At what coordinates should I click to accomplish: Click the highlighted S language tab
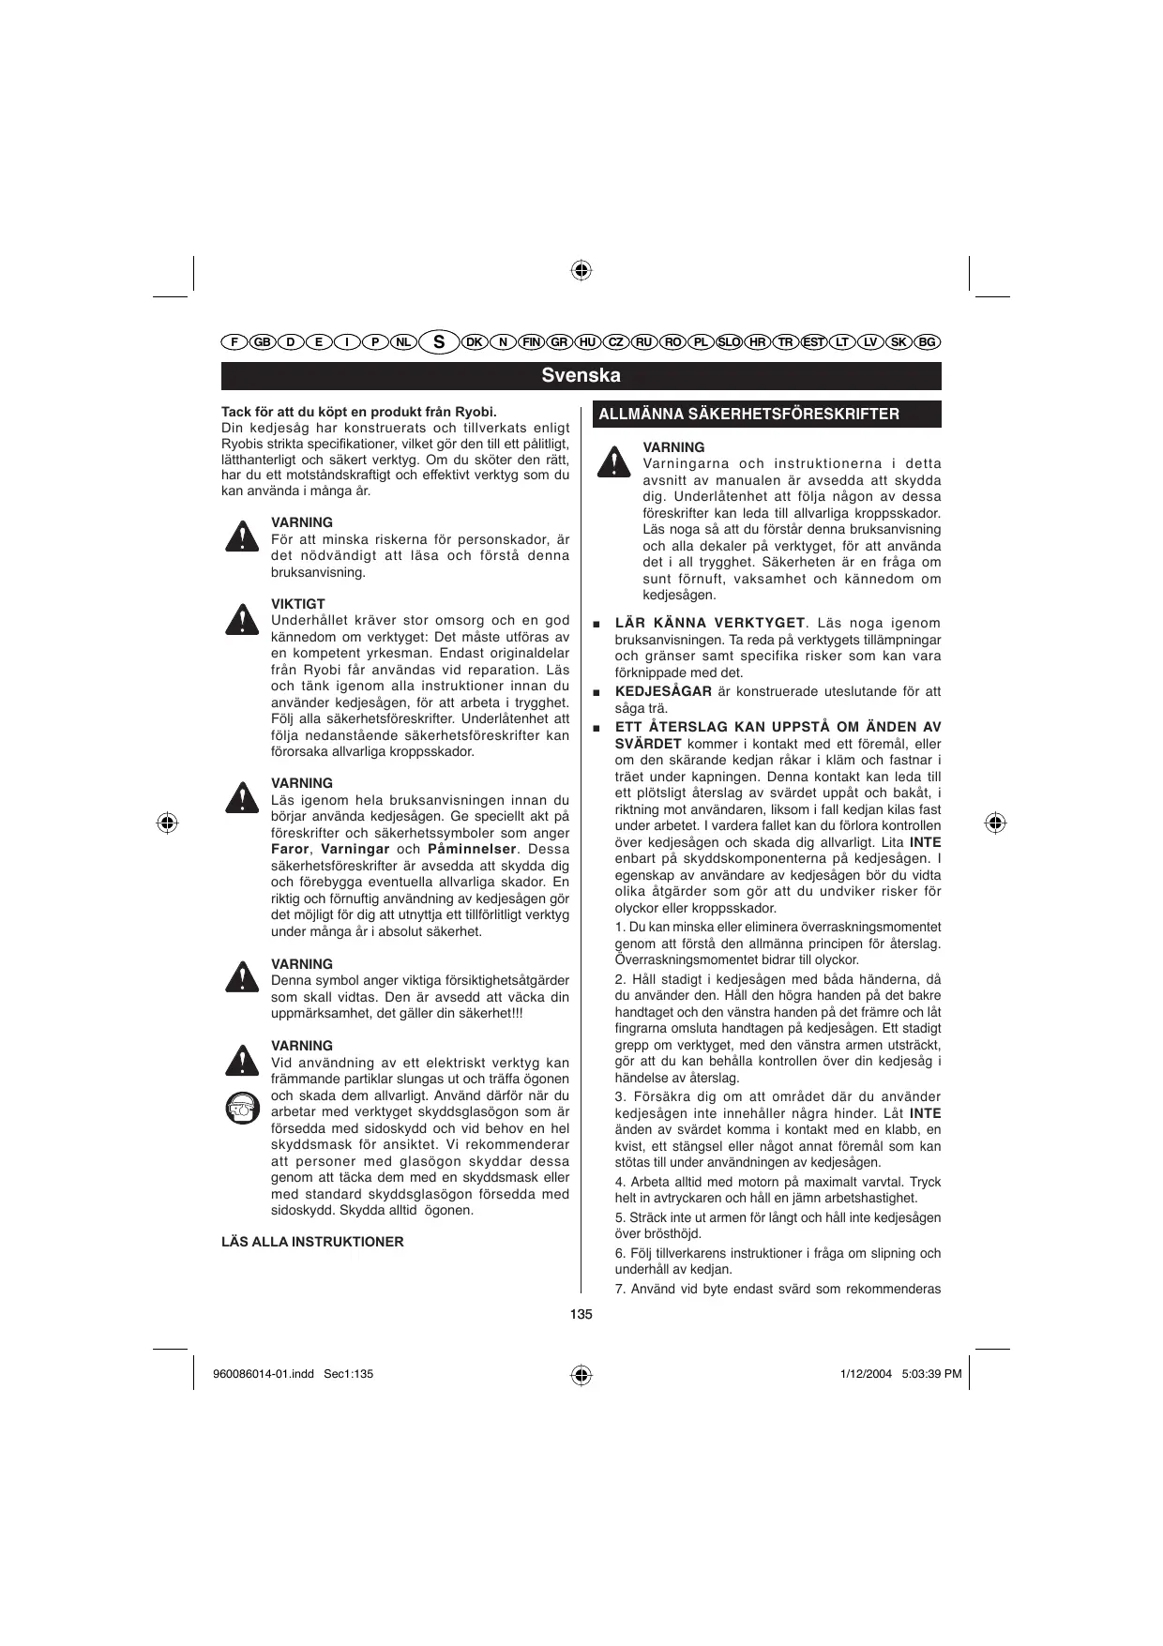tap(438, 342)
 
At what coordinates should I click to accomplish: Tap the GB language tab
tap(262, 342)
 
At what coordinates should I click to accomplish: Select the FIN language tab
tap(532, 342)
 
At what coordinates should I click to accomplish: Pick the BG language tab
tap(927, 342)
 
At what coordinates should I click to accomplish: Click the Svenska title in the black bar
tap(581, 376)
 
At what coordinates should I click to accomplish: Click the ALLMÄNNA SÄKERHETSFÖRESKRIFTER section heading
tap(748, 415)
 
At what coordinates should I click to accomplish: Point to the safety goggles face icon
tap(242, 1109)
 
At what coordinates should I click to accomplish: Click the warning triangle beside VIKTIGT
tap(242, 620)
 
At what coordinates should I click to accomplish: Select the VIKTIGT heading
tap(298, 604)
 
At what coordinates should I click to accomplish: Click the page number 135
tap(581, 1315)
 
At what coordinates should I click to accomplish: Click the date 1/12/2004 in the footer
tap(866, 1374)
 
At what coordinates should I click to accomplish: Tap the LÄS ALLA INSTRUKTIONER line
tap(312, 1242)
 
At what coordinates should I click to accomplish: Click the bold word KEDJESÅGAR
tap(663, 692)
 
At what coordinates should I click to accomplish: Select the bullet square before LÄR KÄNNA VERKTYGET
tap(597, 625)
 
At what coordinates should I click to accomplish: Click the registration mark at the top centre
tap(581, 271)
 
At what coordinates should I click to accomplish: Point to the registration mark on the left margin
tap(167, 823)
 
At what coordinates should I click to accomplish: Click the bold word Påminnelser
tap(472, 850)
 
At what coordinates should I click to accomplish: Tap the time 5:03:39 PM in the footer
tap(931, 1374)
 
